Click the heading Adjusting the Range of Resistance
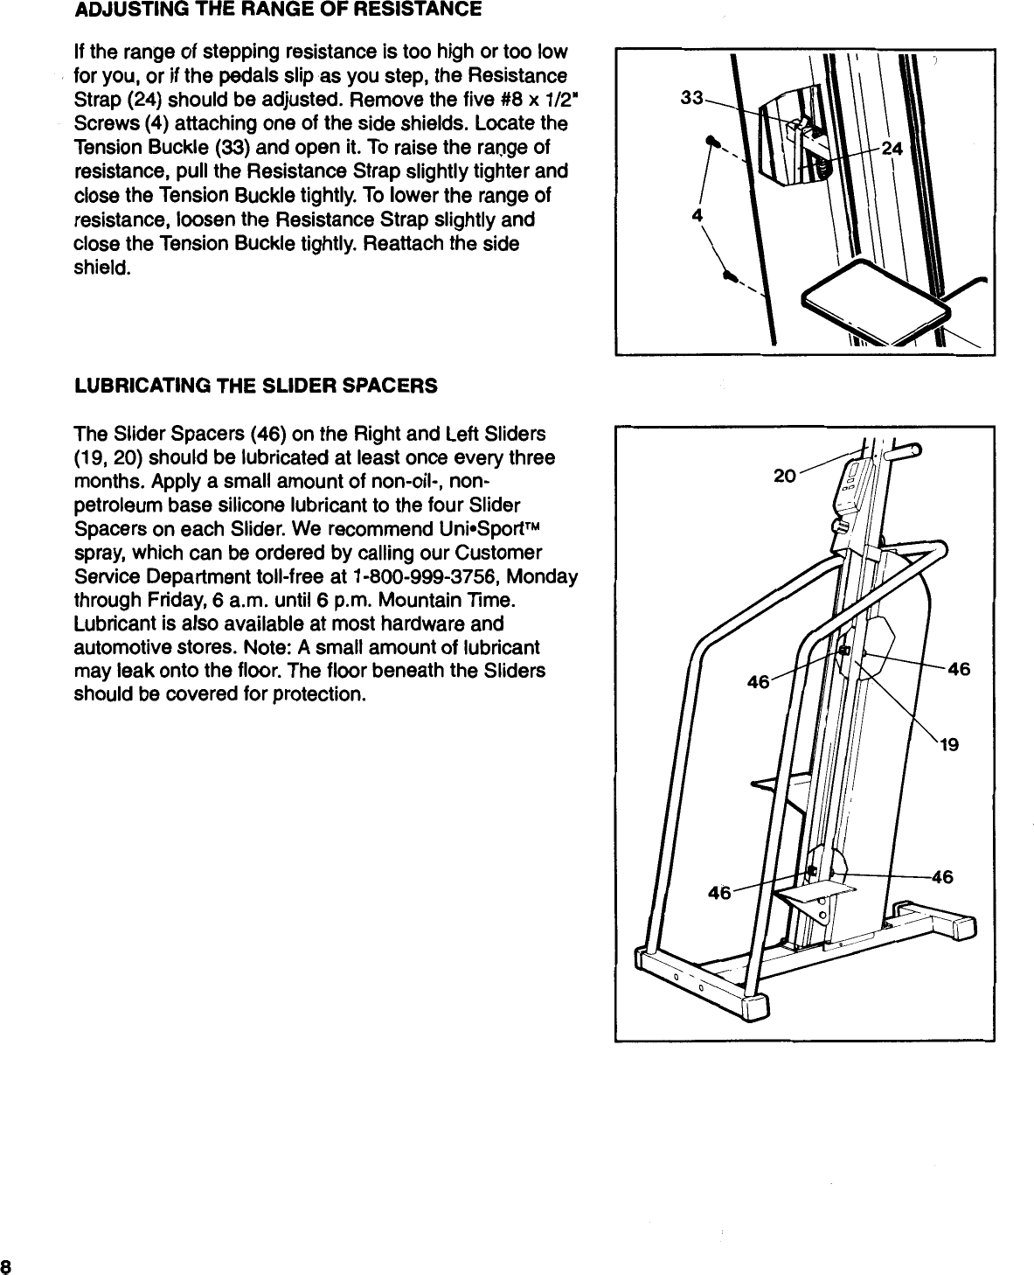pyautogui.click(x=277, y=10)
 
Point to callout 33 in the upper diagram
pyautogui.click(x=691, y=99)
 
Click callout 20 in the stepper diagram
pyautogui.click(x=785, y=476)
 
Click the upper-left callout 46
pyautogui.click(x=757, y=681)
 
